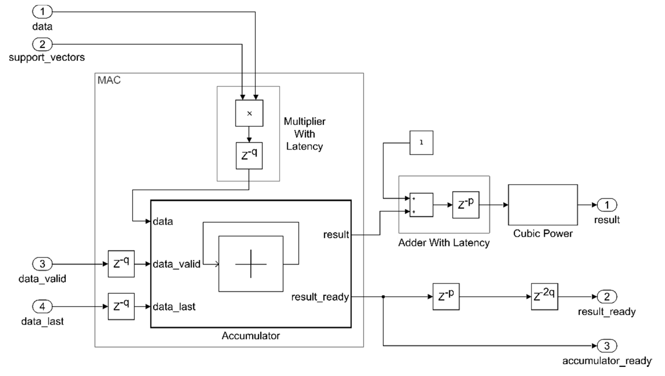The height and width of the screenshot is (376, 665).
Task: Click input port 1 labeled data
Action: click(x=42, y=12)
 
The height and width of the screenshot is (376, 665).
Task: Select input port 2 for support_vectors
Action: click(x=42, y=44)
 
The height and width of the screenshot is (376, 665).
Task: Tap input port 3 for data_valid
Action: click(x=42, y=264)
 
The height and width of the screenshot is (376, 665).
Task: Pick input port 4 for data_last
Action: click(x=42, y=306)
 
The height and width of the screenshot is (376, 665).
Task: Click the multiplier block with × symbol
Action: click(x=249, y=113)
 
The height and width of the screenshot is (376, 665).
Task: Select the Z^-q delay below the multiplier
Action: click(x=249, y=155)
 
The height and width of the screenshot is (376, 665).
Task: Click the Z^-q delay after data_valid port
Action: click(x=121, y=264)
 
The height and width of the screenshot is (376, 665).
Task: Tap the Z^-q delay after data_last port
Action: click(x=121, y=306)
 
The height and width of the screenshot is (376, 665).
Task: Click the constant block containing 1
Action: click(x=421, y=143)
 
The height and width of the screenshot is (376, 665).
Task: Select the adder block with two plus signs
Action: click(x=421, y=205)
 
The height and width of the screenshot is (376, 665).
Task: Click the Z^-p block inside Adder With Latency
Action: click(x=466, y=205)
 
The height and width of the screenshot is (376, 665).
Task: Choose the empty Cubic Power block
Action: click(x=543, y=205)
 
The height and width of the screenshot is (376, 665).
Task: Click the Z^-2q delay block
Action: click(x=545, y=297)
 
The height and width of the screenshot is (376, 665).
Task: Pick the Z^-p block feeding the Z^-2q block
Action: click(x=446, y=297)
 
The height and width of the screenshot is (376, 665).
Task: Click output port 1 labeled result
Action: click(x=607, y=205)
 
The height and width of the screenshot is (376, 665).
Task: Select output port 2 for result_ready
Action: click(x=607, y=297)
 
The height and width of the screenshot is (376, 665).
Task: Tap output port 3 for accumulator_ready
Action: click(x=607, y=345)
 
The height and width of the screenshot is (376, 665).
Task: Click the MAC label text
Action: click(x=109, y=80)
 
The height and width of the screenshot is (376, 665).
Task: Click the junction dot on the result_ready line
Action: click(x=383, y=297)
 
